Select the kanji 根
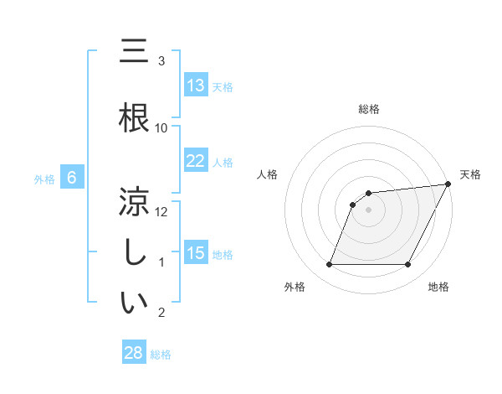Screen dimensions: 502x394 click(x=135, y=119)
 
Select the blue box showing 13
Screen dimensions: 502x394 click(x=196, y=86)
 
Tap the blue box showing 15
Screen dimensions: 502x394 click(x=196, y=253)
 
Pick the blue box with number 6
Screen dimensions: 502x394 click(x=73, y=178)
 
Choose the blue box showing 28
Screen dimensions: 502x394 click(x=134, y=353)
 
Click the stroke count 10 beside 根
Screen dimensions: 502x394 click(x=161, y=127)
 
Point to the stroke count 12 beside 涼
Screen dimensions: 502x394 click(x=161, y=211)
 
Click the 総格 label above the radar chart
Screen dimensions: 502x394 click(x=369, y=109)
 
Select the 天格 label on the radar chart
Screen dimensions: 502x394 click(x=470, y=174)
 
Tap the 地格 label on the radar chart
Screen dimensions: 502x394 click(x=438, y=287)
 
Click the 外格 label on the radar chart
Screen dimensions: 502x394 click(x=295, y=287)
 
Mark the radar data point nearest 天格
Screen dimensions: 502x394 click(x=448, y=184)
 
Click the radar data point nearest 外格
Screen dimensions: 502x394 click(x=329, y=265)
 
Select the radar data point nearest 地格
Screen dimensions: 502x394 click(x=408, y=265)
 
